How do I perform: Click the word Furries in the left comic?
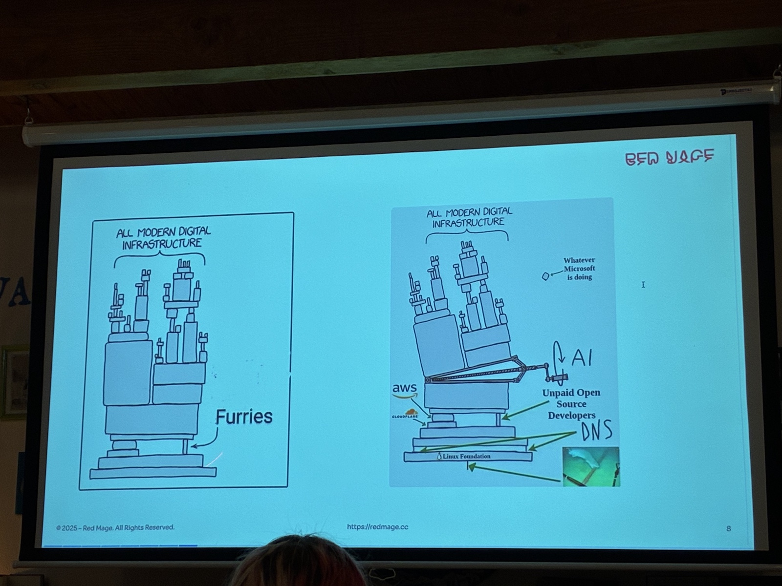(244, 417)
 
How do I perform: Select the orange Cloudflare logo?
(405, 414)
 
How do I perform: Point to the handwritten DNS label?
(596, 431)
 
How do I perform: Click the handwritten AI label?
(581, 357)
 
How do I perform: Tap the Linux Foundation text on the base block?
(466, 456)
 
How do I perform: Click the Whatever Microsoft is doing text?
(579, 269)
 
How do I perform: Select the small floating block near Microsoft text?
(545, 276)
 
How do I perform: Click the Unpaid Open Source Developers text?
(571, 404)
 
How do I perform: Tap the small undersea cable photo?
(590, 466)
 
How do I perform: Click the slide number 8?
(728, 528)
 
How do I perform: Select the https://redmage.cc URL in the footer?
(377, 526)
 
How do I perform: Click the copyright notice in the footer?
(115, 527)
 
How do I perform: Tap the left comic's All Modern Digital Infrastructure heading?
(163, 238)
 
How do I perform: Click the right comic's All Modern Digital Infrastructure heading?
(469, 217)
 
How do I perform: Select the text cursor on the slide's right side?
(643, 285)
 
